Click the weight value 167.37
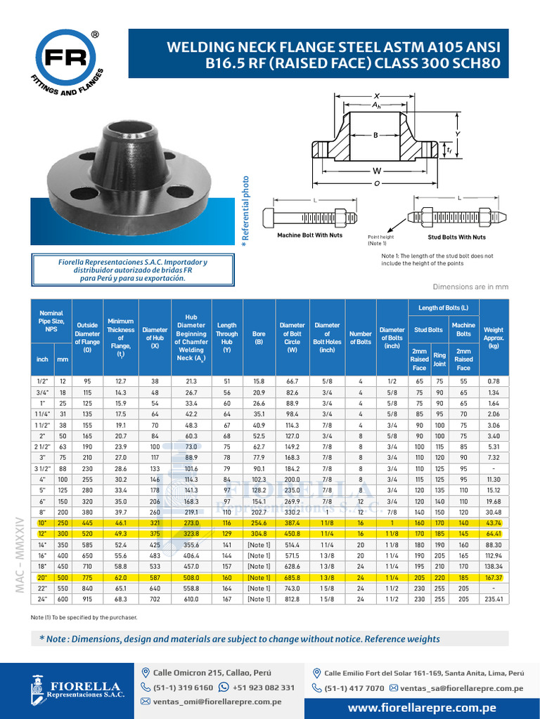point(494,577)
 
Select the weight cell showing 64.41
point(494,533)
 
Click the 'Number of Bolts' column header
point(360,337)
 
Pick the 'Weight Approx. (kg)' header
point(494,337)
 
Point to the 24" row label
point(43,599)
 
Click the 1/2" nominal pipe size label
point(43,381)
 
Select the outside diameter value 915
point(87,599)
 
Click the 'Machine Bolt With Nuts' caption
point(309,235)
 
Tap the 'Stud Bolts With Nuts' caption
point(456,237)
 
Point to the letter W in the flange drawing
point(377,171)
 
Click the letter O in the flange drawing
point(377,183)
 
